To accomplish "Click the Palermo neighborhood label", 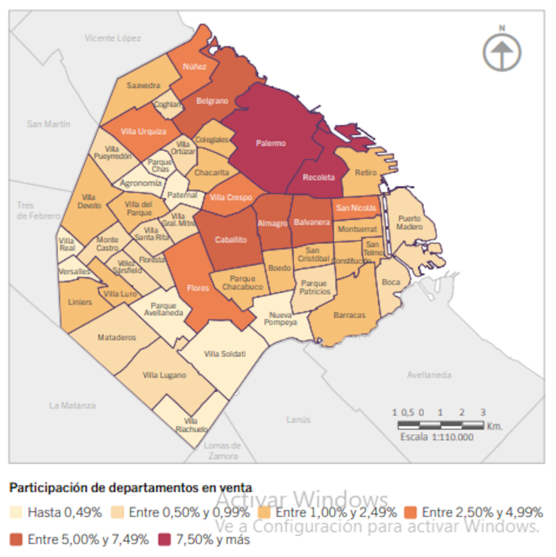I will (x=270, y=143).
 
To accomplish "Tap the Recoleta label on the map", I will (x=324, y=178).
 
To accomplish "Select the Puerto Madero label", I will (x=409, y=223).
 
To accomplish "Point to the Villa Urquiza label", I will (x=143, y=131).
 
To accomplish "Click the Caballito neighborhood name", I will (x=230, y=240).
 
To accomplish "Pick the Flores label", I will (x=198, y=288).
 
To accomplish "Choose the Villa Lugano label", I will (x=164, y=375).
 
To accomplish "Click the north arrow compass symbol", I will (x=502, y=51).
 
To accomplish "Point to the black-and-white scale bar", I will (x=441, y=424).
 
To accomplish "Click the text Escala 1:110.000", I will (x=436, y=437).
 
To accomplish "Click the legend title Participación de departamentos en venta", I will (x=131, y=488).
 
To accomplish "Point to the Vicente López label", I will (x=113, y=38).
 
